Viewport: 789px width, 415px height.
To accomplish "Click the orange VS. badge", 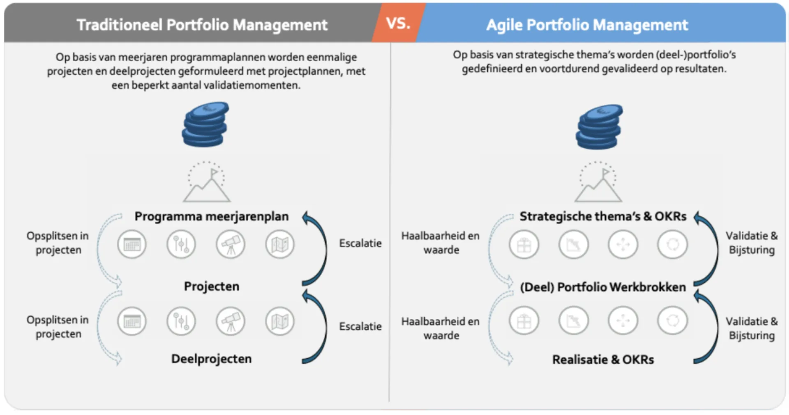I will pos(398,23).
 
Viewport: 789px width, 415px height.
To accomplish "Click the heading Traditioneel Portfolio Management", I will pos(202,25).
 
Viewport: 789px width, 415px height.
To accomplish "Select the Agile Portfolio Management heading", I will pos(587,25).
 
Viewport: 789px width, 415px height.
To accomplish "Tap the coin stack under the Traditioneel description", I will pos(205,124).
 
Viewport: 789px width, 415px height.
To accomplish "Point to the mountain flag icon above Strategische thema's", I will pos(598,182).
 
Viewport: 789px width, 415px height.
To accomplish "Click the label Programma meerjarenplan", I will pos(211,216).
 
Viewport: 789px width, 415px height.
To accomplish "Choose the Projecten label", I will pos(211,286).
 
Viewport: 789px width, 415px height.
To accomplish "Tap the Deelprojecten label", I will pos(211,359).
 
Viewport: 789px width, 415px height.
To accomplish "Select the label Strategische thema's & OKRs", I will pos(603,216).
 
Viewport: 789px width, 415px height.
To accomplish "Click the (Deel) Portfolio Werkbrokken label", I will pos(603,287).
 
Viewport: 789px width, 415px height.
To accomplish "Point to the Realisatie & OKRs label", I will pos(603,360).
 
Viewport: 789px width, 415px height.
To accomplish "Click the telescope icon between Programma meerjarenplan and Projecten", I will pos(231,244).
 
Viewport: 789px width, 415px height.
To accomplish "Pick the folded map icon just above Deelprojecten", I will pos(280,321).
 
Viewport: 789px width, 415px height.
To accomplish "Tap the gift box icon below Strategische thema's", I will pos(524,244).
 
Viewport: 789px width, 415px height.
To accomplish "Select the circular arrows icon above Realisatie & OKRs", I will pos(672,320).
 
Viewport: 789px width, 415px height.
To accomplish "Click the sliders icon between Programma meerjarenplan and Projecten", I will pos(181,244).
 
